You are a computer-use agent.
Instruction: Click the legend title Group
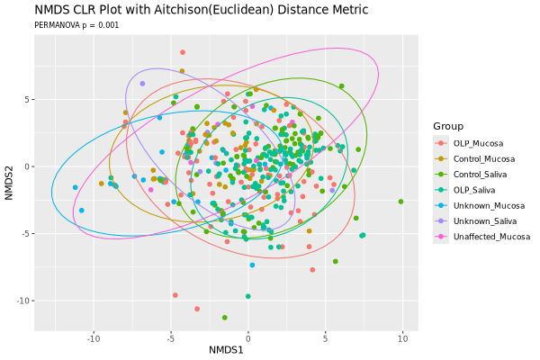point(448,125)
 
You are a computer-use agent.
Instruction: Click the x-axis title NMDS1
point(226,349)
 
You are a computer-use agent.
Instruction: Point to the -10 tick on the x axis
point(94,338)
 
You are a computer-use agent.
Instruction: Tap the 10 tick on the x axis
point(402,338)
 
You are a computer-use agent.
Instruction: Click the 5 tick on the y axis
point(27,99)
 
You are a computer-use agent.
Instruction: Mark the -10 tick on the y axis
point(23,301)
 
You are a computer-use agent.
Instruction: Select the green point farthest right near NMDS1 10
point(400,202)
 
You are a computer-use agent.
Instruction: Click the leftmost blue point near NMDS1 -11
point(76,187)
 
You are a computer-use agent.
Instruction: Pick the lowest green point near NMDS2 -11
point(224,318)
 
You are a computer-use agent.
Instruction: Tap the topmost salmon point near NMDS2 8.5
point(183,52)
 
